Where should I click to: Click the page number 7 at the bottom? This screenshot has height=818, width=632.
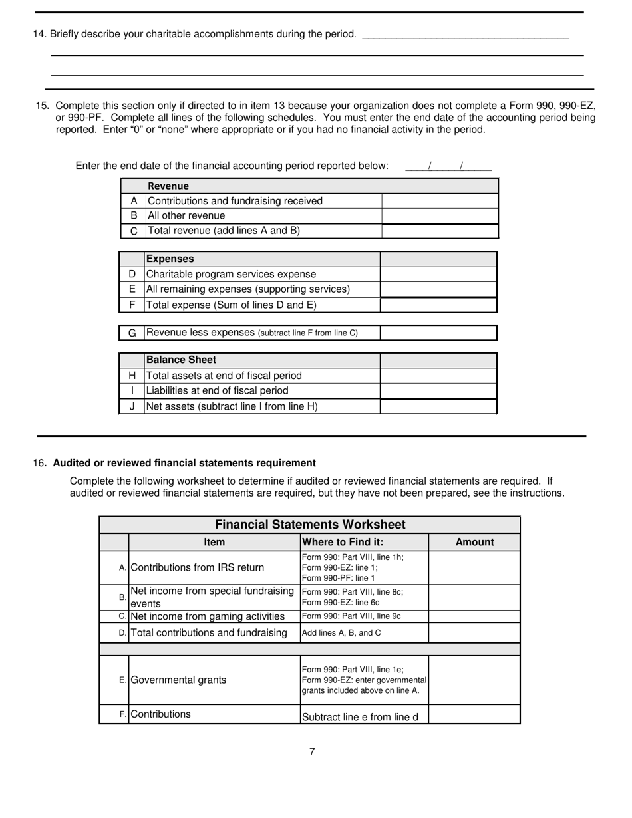[x=312, y=751]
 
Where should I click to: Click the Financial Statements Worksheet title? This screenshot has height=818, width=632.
[x=310, y=525]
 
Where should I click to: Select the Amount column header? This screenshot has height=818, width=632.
[x=474, y=542]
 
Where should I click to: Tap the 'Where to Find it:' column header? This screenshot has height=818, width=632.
[x=343, y=542]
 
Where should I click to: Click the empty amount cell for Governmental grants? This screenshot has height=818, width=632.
[x=474, y=680]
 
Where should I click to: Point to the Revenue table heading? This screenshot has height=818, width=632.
[x=168, y=186]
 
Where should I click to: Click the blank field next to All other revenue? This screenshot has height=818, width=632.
[x=440, y=216]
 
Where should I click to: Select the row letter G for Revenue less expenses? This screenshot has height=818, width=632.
[x=132, y=333]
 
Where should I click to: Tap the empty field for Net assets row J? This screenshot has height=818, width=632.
[x=438, y=406]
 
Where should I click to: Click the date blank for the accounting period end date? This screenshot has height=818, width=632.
[x=448, y=166]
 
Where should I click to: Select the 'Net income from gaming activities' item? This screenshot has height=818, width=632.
[x=208, y=616]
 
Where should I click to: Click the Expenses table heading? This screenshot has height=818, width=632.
[x=170, y=259]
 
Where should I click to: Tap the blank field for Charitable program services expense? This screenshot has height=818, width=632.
[x=438, y=274]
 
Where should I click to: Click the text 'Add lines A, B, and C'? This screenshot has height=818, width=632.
[x=341, y=633]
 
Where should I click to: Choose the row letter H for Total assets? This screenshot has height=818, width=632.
[x=132, y=376]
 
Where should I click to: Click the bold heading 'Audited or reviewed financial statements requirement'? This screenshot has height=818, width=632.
[x=184, y=463]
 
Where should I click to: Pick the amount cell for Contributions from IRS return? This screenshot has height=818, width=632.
[x=474, y=567]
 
